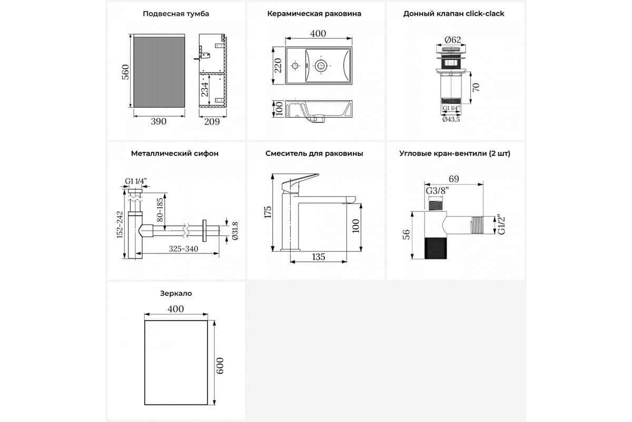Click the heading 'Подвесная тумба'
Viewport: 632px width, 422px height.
(x=176, y=14)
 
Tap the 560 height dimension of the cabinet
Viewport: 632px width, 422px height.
(x=125, y=72)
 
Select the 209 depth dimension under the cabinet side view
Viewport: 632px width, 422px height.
(x=212, y=121)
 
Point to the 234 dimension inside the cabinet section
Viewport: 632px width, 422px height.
(x=204, y=89)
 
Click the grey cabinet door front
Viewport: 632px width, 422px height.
(x=159, y=72)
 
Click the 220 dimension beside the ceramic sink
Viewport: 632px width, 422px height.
(x=278, y=65)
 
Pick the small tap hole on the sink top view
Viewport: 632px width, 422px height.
(x=295, y=66)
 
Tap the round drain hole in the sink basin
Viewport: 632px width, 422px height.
(x=321, y=66)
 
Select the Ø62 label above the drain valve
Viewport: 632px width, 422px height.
(x=452, y=40)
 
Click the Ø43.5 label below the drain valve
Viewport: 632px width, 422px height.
(x=451, y=119)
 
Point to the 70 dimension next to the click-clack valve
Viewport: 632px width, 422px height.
(x=476, y=88)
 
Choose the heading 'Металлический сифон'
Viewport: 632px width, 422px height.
(x=175, y=154)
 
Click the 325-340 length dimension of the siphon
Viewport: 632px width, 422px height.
(x=183, y=249)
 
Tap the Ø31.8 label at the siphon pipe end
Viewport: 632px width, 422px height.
(x=235, y=231)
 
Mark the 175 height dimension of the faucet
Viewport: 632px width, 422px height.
(x=268, y=212)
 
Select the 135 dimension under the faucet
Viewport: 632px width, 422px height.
(x=319, y=257)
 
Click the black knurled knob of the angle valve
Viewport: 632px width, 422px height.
(x=436, y=248)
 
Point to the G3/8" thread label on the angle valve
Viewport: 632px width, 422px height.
(x=437, y=191)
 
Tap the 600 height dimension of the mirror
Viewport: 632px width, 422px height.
(x=220, y=366)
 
